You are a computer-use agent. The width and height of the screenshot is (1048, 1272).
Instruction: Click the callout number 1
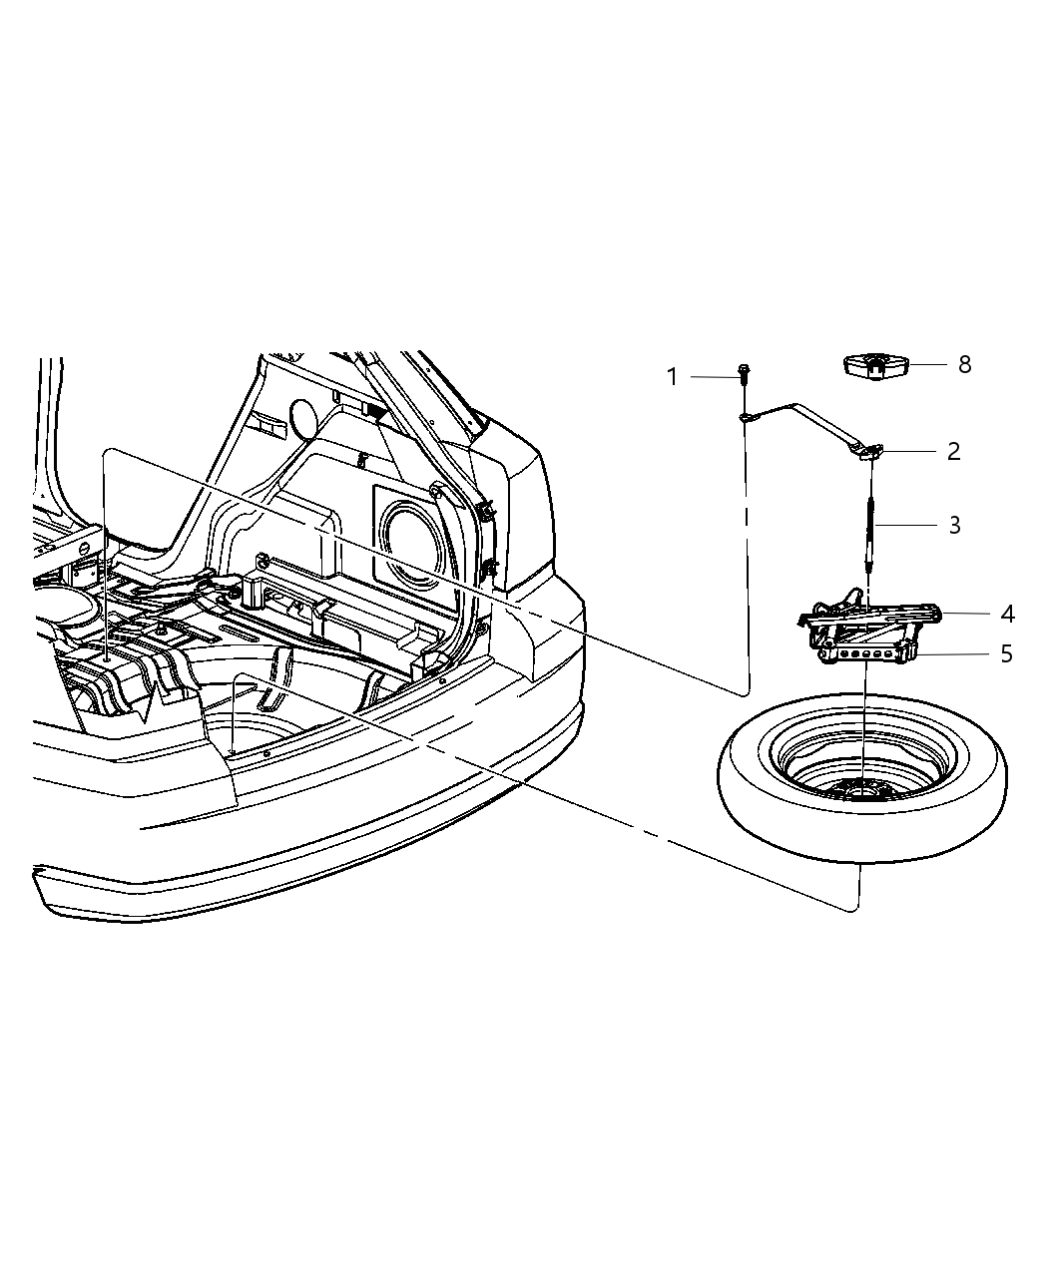(x=673, y=377)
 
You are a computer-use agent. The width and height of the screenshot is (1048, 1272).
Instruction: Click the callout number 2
(x=953, y=451)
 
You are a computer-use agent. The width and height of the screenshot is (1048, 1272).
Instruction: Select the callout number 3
(x=954, y=525)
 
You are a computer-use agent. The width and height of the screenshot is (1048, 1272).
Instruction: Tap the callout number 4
(x=1007, y=614)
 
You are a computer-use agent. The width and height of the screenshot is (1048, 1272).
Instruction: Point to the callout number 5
(x=1006, y=654)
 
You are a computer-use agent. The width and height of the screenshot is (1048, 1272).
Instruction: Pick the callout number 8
(x=964, y=364)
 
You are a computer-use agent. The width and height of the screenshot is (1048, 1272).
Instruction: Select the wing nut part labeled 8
(x=875, y=366)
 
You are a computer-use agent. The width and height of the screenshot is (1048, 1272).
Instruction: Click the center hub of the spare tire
(x=861, y=788)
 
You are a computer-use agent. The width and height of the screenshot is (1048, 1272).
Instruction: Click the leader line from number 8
(x=925, y=365)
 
